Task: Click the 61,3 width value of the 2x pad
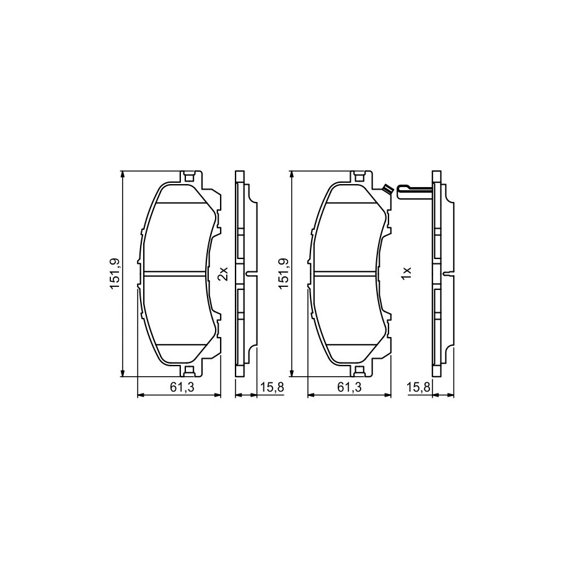click(182, 387)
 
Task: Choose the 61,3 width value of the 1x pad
click(349, 387)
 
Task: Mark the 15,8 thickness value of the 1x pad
click(418, 387)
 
